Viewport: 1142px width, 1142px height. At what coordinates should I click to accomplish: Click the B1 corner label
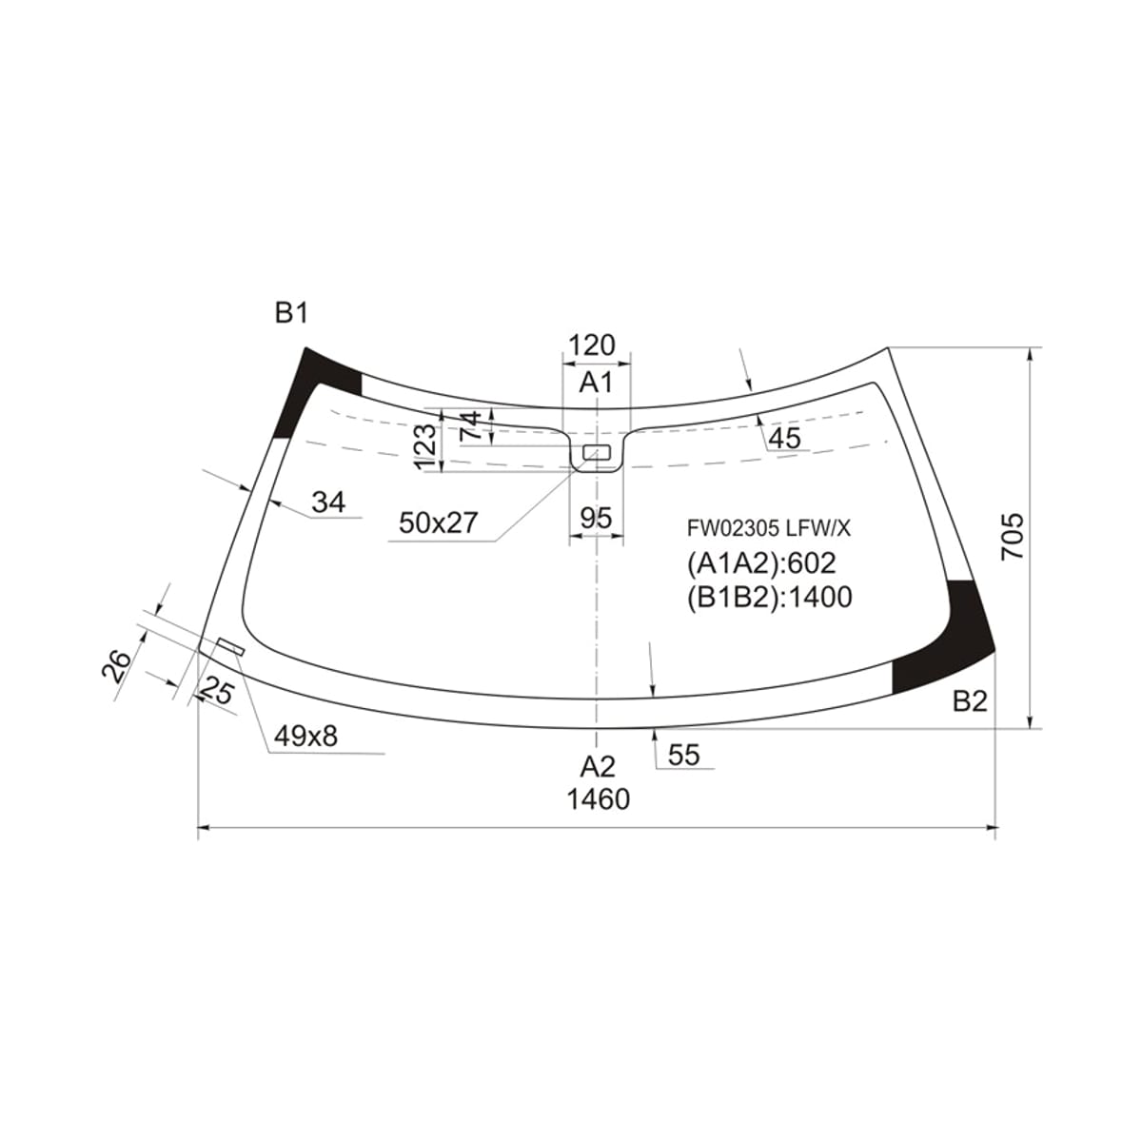point(291,313)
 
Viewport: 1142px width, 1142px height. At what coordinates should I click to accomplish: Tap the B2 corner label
point(970,701)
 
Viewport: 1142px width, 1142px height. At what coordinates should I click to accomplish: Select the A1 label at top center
point(596,383)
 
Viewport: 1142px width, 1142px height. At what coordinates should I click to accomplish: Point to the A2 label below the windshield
point(598,767)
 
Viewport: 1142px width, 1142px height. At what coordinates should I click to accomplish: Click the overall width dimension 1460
point(599,799)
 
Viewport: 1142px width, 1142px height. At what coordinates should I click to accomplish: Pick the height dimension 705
point(1013,537)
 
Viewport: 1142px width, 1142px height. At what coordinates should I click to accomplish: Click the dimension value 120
point(592,345)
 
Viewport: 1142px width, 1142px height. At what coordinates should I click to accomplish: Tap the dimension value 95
point(596,519)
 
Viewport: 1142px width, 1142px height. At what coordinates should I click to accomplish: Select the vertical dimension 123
point(426,447)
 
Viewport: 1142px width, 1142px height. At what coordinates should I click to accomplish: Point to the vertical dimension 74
point(471,425)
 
